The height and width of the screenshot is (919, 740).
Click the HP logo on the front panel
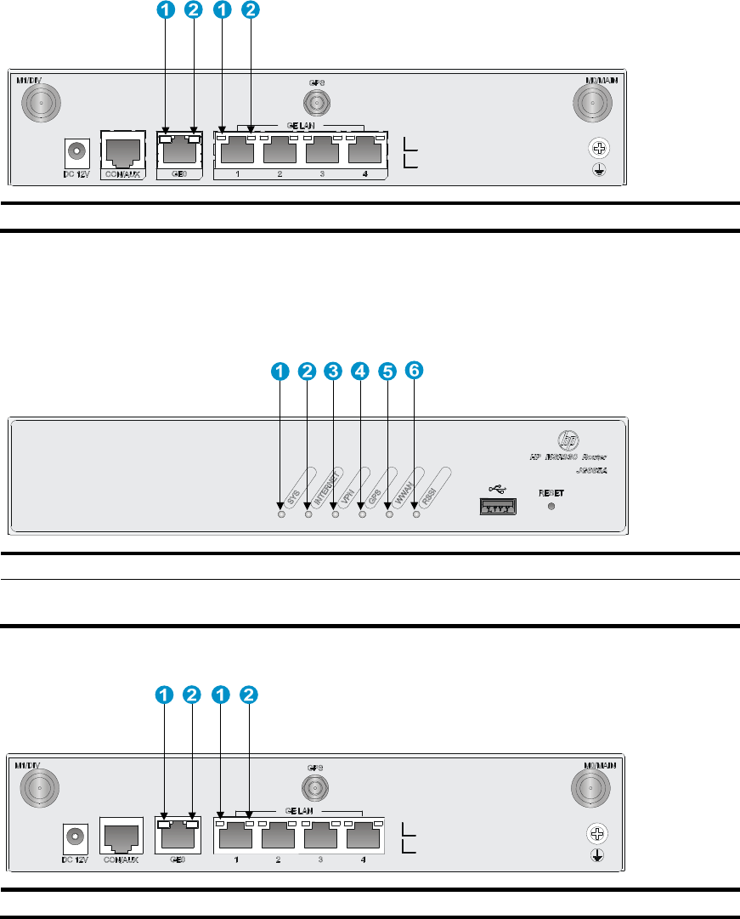(568, 441)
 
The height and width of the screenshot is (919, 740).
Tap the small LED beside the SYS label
(281, 513)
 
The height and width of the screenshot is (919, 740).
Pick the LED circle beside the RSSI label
(415, 513)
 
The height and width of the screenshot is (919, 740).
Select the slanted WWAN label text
(408, 489)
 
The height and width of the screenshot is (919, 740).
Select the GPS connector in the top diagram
(318, 101)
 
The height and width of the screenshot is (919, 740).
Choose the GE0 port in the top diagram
(178, 151)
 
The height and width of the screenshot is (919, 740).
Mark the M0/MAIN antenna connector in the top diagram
(591, 105)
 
